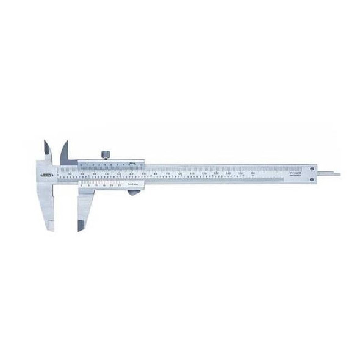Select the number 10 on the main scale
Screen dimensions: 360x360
(x=71, y=174)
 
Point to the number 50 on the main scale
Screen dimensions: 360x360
(x=120, y=174)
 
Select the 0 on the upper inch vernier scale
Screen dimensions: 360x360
(x=81, y=164)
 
